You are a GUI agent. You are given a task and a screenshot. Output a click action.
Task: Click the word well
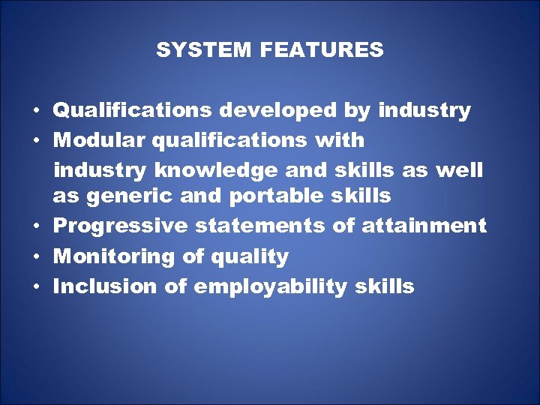460,170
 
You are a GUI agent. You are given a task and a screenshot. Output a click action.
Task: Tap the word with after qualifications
340,140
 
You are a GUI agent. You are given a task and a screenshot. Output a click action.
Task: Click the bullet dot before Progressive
36,226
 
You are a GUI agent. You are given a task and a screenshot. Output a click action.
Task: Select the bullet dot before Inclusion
36,287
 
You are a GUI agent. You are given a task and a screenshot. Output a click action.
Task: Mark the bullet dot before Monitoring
36,257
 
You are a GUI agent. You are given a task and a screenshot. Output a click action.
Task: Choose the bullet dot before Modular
36,141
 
